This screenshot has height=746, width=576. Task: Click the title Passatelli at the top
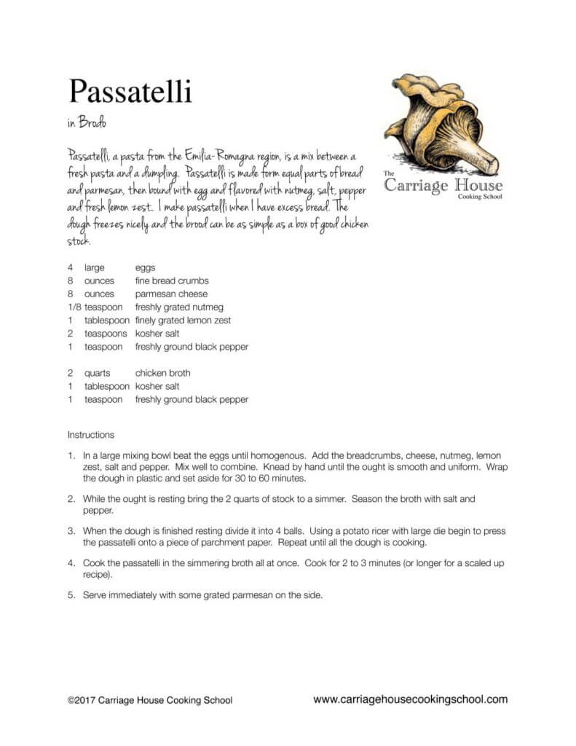coord(130,93)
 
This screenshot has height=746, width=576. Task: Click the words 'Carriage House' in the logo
coord(443,185)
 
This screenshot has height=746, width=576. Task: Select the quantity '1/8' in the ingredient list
coord(74,307)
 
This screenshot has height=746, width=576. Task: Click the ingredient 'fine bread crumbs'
coord(172,281)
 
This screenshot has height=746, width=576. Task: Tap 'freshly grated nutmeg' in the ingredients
coord(179,307)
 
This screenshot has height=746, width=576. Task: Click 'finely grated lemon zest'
coord(184,321)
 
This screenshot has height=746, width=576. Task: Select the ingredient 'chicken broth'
coord(162,373)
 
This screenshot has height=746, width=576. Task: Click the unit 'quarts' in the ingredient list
coord(98,373)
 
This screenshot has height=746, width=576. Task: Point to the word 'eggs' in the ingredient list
coord(145,268)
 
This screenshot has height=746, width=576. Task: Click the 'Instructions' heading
coord(91,435)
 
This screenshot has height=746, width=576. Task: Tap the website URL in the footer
coord(410,699)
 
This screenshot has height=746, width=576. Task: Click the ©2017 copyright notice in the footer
coord(150,700)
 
